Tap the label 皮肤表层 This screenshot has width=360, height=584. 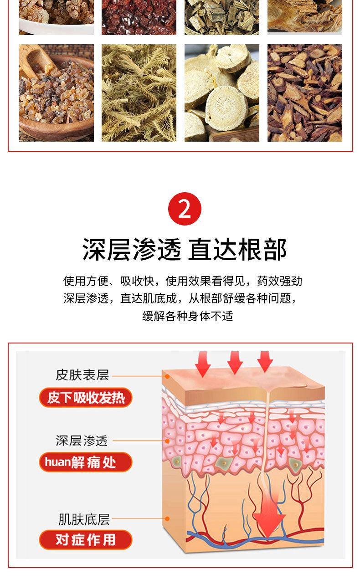82,374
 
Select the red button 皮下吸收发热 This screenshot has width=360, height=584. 86,398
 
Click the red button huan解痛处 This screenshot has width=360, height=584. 86,462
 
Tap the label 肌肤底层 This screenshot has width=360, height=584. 84,519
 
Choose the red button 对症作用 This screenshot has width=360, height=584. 86,540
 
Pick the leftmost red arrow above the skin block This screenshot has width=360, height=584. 202,364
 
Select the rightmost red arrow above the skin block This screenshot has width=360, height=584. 265,362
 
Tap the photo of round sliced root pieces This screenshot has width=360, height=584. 221,92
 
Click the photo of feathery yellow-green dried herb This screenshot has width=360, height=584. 139,92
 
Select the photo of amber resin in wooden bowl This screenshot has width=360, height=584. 57,92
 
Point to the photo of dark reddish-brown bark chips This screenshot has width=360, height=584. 304,92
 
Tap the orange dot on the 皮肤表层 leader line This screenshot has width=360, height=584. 167,376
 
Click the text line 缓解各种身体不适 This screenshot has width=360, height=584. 188,316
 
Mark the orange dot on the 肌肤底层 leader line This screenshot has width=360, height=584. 167,518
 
